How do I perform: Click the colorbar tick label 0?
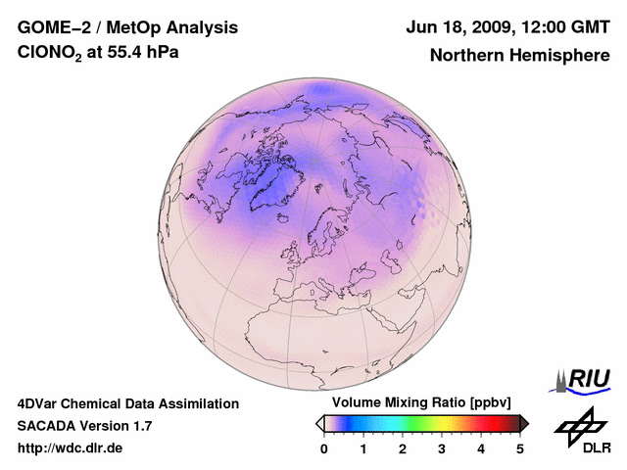(324, 448)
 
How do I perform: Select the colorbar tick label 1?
(363, 448)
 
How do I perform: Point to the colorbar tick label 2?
(403, 448)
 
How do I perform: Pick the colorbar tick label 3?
(442, 448)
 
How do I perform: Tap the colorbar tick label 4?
(481, 448)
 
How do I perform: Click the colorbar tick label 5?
(520, 448)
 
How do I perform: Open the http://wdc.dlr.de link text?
(71, 448)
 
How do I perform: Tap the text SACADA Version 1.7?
(84, 426)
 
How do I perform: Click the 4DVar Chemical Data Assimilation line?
(127, 403)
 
